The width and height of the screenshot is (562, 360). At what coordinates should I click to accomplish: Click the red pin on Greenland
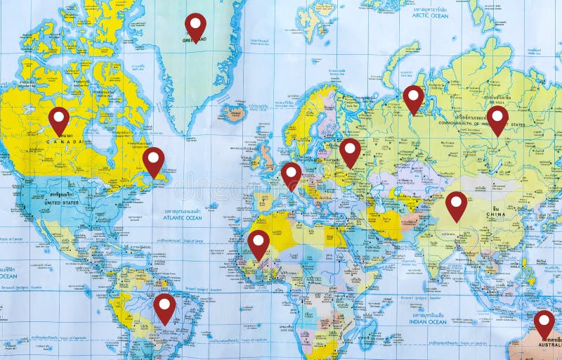(x=195, y=25)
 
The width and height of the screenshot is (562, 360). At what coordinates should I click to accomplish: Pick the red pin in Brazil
(x=164, y=306)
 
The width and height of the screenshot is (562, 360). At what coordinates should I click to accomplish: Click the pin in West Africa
(x=259, y=242)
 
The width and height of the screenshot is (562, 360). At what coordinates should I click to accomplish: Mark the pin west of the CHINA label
(x=456, y=203)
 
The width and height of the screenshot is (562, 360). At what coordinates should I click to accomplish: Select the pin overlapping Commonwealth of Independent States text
(x=497, y=117)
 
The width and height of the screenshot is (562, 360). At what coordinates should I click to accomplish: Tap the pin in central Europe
(x=291, y=174)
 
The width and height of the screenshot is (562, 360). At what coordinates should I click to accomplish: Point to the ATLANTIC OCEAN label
(x=182, y=218)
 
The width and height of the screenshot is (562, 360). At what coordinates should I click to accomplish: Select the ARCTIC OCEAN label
(x=430, y=15)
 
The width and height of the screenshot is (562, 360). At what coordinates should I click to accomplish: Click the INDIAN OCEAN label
(x=427, y=321)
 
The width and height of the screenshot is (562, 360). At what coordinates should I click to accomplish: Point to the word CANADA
(x=65, y=141)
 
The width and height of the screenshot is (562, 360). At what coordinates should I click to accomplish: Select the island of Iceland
(x=233, y=111)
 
